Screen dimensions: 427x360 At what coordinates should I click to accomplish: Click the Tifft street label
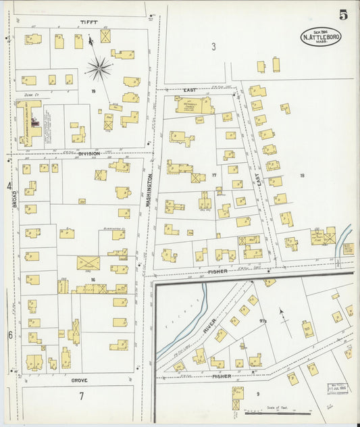(x=89, y=22)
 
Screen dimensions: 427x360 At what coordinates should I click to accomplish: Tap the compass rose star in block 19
(x=99, y=68)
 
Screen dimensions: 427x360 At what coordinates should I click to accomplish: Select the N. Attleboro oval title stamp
(x=321, y=36)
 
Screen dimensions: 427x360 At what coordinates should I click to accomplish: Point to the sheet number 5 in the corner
(x=344, y=13)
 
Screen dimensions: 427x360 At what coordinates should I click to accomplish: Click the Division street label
(x=88, y=153)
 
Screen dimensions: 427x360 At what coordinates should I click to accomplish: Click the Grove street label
(x=80, y=380)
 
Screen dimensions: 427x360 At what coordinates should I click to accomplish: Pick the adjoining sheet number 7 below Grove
(x=80, y=396)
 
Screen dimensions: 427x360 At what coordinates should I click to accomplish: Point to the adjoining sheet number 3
(x=213, y=47)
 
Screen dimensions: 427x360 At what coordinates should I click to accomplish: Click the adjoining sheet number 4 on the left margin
(x=9, y=185)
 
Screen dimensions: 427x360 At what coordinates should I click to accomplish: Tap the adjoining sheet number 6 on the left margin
(x=10, y=334)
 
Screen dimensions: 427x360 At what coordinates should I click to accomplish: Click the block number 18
(x=302, y=176)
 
